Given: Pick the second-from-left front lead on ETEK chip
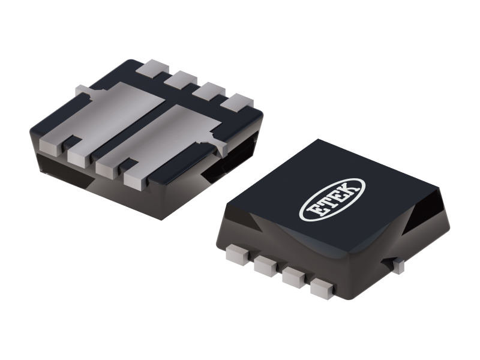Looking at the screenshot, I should click(x=265, y=267).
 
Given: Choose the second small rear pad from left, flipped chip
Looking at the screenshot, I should click(x=178, y=79).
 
